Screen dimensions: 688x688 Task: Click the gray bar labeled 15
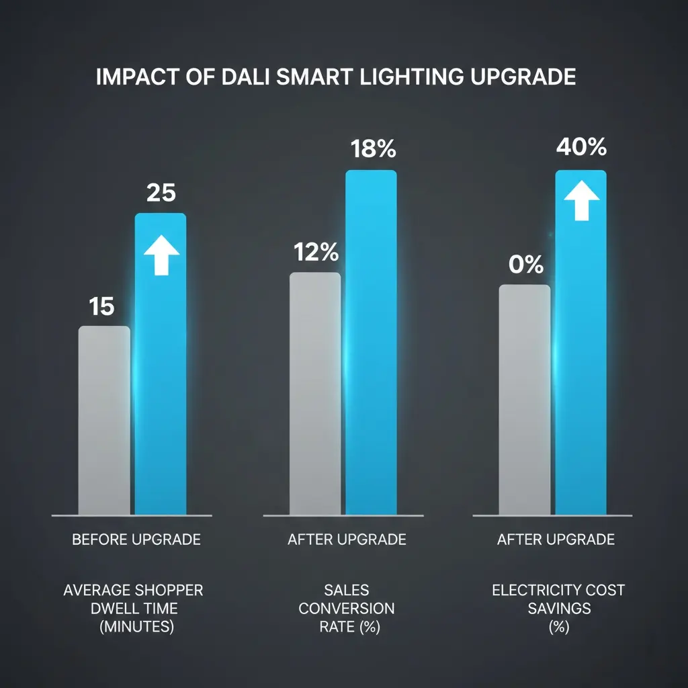point(104,421)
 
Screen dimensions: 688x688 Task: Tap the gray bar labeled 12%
point(315,394)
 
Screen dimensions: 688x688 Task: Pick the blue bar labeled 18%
point(371,343)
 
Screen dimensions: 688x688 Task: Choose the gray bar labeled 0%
point(525,400)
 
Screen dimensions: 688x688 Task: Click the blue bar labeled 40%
point(580,343)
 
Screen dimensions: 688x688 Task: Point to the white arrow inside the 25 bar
point(162,255)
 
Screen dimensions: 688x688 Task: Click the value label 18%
point(374,149)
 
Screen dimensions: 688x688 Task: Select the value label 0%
point(526,265)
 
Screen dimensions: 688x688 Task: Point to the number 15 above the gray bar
point(102,307)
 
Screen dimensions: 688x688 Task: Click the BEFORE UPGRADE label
point(136,540)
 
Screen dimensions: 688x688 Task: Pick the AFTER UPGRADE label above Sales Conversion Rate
point(347,540)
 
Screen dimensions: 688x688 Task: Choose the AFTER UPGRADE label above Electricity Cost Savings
point(556,540)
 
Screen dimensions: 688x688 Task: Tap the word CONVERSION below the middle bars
point(347,609)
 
